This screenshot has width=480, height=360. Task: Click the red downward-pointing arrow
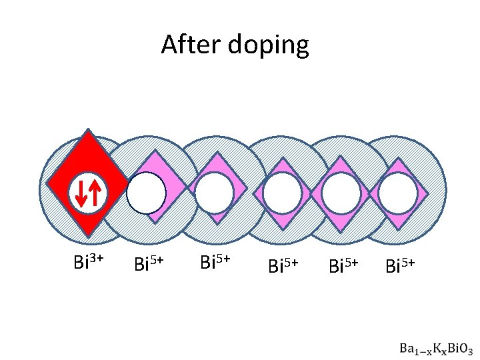pyautogui.click(x=81, y=193)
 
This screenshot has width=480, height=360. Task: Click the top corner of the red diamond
pyautogui.click(x=87, y=131)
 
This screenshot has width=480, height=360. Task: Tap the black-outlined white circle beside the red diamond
pyautogui.click(x=146, y=193)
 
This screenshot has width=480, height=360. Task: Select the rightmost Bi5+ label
pyautogui.click(x=403, y=265)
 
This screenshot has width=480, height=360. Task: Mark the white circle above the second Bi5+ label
pyautogui.click(x=215, y=193)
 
